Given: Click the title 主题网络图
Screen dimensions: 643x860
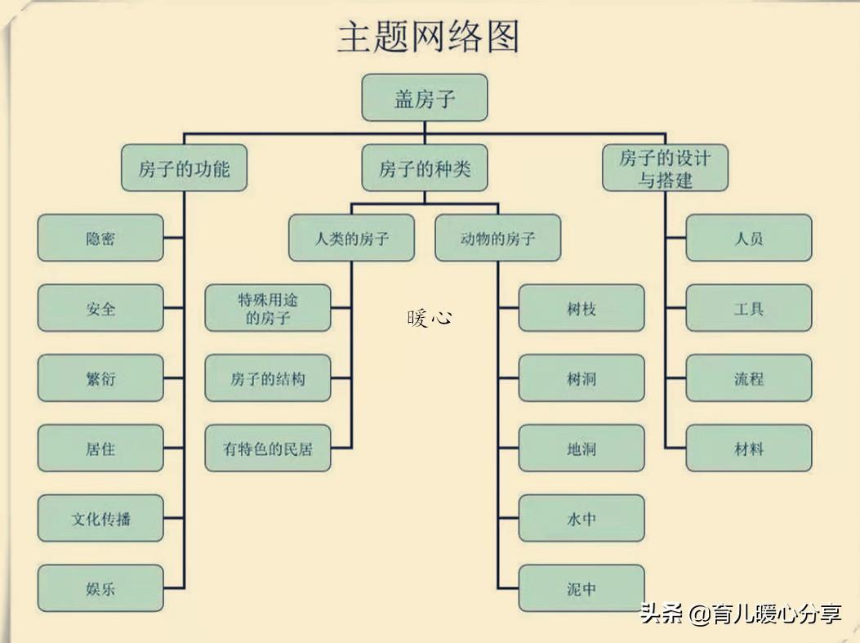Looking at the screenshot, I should click(428, 38).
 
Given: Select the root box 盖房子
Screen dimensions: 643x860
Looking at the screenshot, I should click(425, 98).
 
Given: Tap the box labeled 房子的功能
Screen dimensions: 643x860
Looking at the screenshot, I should click(184, 168).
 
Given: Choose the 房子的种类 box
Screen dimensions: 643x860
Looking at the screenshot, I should click(425, 168).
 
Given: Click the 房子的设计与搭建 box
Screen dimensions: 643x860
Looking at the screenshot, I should click(665, 168).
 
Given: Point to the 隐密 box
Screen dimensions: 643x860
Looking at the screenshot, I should click(100, 239).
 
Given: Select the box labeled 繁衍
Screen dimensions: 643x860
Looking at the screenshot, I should click(100, 378).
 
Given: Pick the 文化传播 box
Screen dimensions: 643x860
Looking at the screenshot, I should click(100, 518).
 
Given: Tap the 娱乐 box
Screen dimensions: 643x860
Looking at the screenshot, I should click(100, 588).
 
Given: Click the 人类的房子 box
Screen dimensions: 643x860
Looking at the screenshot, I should click(351, 239).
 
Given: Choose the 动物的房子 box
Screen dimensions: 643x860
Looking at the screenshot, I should click(497, 239).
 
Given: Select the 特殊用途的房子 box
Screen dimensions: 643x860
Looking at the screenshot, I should click(268, 308).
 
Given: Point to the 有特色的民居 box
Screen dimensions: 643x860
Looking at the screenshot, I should click(268, 449).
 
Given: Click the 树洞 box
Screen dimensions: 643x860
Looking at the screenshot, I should click(582, 378).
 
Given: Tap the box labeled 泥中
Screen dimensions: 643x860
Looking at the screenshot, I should click(582, 588).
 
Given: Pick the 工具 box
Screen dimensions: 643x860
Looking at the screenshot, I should click(749, 308).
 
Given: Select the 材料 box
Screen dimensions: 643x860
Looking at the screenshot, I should click(749, 449).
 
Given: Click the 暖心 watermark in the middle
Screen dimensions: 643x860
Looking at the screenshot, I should click(429, 317).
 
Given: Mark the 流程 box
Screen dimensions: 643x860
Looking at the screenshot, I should click(749, 378).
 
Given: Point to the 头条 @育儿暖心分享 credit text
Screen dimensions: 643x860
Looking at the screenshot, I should click(740, 614).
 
